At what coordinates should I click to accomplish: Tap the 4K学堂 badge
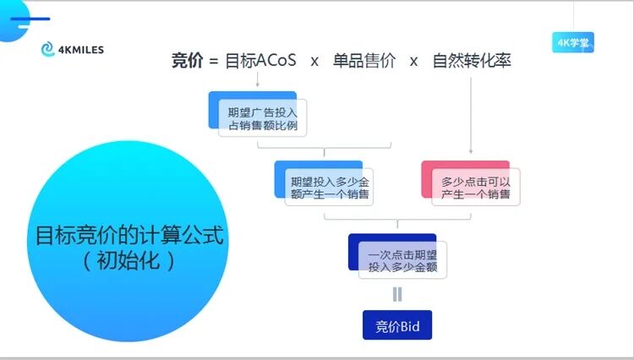pyautogui.click(x=574, y=41)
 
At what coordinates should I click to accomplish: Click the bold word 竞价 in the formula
pyautogui.click(x=187, y=61)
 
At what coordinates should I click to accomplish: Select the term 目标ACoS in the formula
pyautogui.click(x=260, y=61)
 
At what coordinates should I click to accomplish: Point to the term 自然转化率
pyautogui.click(x=471, y=61)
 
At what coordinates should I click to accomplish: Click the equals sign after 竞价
pyautogui.click(x=213, y=62)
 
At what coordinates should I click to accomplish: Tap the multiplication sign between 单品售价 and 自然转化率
pyautogui.click(x=413, y=62)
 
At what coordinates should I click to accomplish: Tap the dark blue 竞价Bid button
pyautogui.click(x=397, y=325)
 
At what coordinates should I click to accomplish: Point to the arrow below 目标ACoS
pyautogui.click(x=257, y=81)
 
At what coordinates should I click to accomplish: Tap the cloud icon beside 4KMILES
pyautogui.click(x=48, y=50)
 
